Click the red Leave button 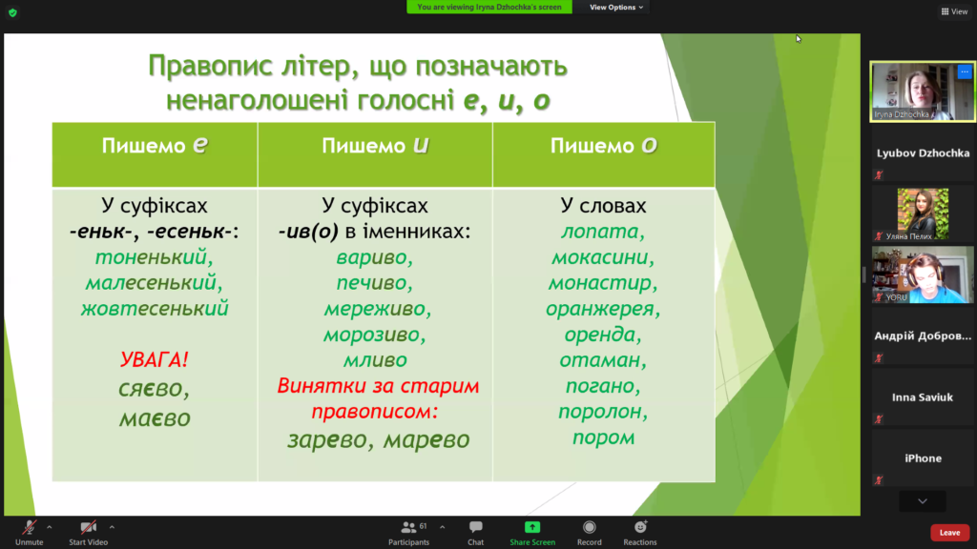[x=949, y=532]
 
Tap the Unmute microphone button [x=30, y=533]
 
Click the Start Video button [x=89, y=533]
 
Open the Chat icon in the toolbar [x=475, y=533]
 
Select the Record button [x=589, y=533]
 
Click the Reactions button [x=640, y=533]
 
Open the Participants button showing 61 [x=408, y=533]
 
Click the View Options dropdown [x=616, y=7]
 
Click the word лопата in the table [x=599, y=232]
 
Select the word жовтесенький [x=155, y=309]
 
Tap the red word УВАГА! [x=154, y=359]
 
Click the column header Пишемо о [x=603, y=146]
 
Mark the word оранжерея [x=600, y=310]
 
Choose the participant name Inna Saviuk [x=923, y=397]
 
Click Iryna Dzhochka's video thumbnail [x=923, y=91]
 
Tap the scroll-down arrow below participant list [x=923, y=501]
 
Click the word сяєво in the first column [x=152, y=389]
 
